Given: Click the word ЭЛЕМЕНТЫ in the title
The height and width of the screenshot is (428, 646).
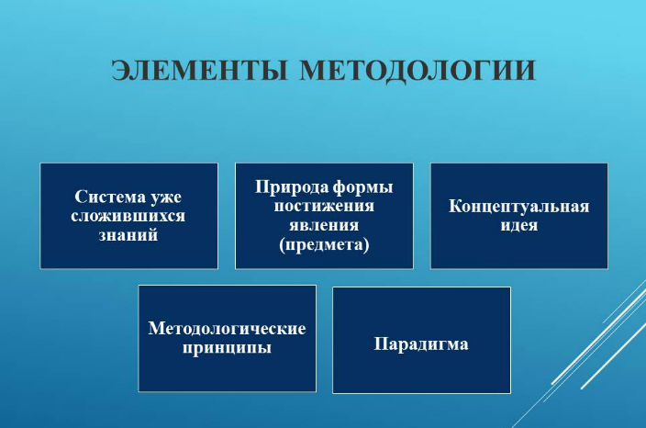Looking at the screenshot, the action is point(199,70).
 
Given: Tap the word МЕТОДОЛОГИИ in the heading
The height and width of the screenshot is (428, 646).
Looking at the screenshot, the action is point(418,71).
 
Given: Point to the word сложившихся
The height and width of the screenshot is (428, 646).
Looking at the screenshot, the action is point(128,216).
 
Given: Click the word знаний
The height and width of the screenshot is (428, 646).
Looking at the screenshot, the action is point(128,235).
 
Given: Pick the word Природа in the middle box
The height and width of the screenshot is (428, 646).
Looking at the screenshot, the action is point(291,187).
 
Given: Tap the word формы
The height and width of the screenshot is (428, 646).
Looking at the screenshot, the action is point(362,188).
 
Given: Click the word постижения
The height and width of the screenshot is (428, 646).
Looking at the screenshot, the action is point(324,206).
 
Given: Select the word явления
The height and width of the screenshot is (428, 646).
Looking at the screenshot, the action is point(324,225).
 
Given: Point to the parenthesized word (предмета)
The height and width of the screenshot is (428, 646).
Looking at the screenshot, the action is point(324,244).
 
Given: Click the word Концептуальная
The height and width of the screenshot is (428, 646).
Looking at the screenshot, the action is point(519,207).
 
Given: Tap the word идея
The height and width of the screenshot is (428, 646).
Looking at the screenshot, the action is point(519,226).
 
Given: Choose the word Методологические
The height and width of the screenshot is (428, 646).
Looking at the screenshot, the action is point(227,329).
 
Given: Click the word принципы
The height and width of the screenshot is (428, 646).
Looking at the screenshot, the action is point(227,347).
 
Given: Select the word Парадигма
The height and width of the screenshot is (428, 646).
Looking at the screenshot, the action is point(421,344).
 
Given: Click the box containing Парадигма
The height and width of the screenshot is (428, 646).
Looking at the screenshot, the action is point(421,340).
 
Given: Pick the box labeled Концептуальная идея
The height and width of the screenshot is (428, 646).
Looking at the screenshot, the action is point(519,216).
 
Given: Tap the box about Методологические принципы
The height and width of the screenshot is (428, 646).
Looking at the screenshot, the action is point(228,339).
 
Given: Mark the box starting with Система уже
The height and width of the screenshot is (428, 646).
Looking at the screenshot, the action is point(129,216).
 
